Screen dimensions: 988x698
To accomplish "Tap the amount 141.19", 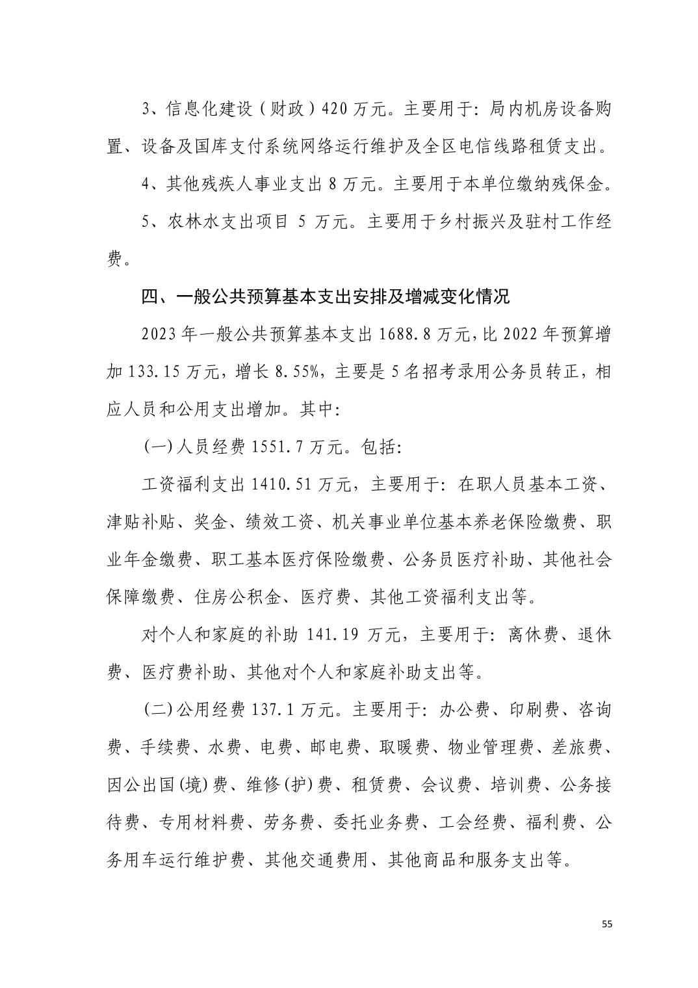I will [x=330, y=635].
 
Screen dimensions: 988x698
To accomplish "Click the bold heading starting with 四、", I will [x=325, y=297].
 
